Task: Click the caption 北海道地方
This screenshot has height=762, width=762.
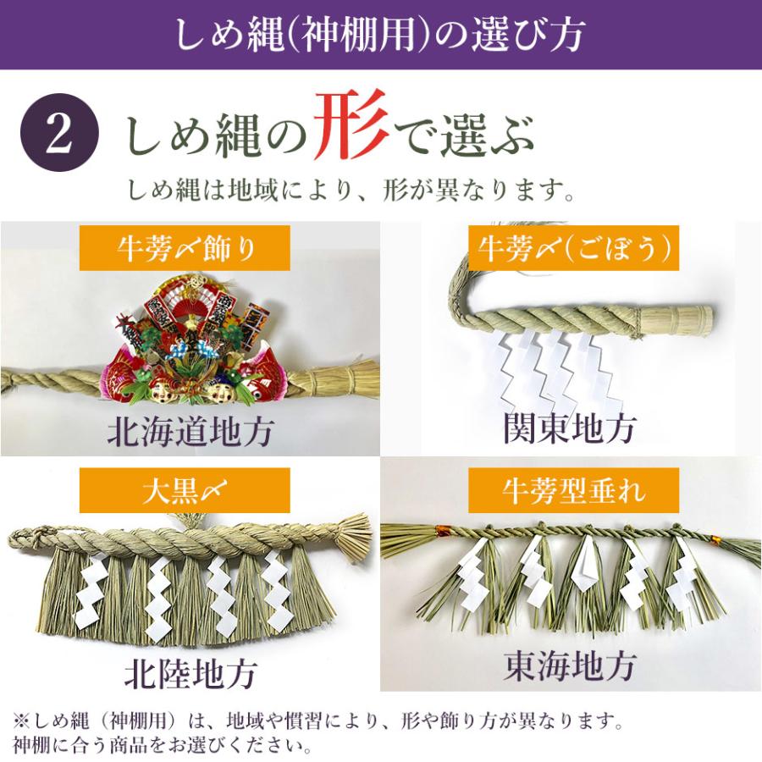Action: click(x=190, y=433)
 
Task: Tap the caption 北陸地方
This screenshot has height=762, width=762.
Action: click(x=190, y=675)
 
